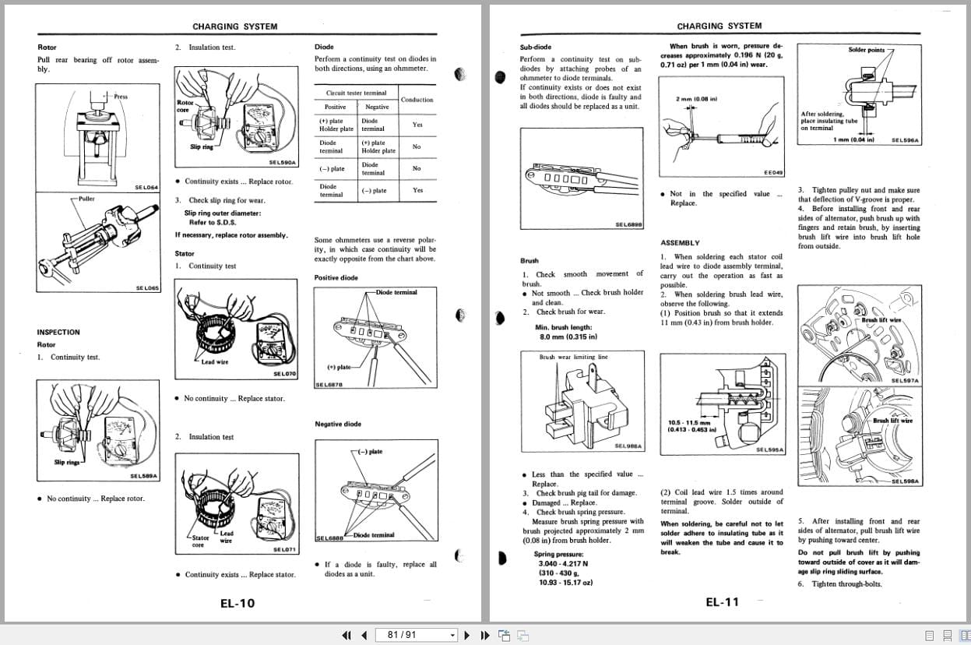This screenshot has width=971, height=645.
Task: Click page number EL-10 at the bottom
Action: (237, 602)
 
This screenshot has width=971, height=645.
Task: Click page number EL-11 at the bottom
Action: (722, 601)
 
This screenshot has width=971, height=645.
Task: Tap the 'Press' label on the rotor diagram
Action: (121, 97)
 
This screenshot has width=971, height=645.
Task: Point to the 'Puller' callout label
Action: (86, 199)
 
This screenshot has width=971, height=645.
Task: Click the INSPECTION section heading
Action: (58, 332)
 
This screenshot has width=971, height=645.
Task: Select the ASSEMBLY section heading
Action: (680, 242)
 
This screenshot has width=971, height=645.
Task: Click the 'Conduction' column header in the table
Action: (417, 100)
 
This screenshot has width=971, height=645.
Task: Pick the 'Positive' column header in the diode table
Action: (335, 107)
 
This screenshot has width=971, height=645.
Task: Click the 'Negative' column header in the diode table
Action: (377, 107)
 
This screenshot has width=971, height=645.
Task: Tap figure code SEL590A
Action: (282, 162)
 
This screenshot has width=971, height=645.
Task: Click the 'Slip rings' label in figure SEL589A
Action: (65, 462)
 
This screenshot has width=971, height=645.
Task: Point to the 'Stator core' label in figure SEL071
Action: (200, 541)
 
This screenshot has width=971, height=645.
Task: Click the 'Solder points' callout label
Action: (866, 50)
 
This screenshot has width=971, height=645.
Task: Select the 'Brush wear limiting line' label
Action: (573, 357)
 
